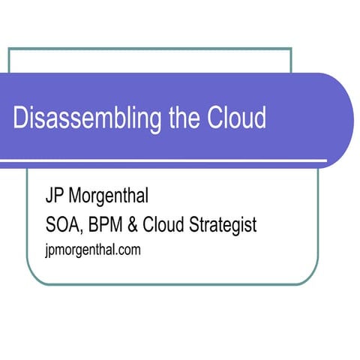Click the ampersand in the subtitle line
tap(139, 224)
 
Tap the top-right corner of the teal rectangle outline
tap(291, 49)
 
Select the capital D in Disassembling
tap(20, 118)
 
